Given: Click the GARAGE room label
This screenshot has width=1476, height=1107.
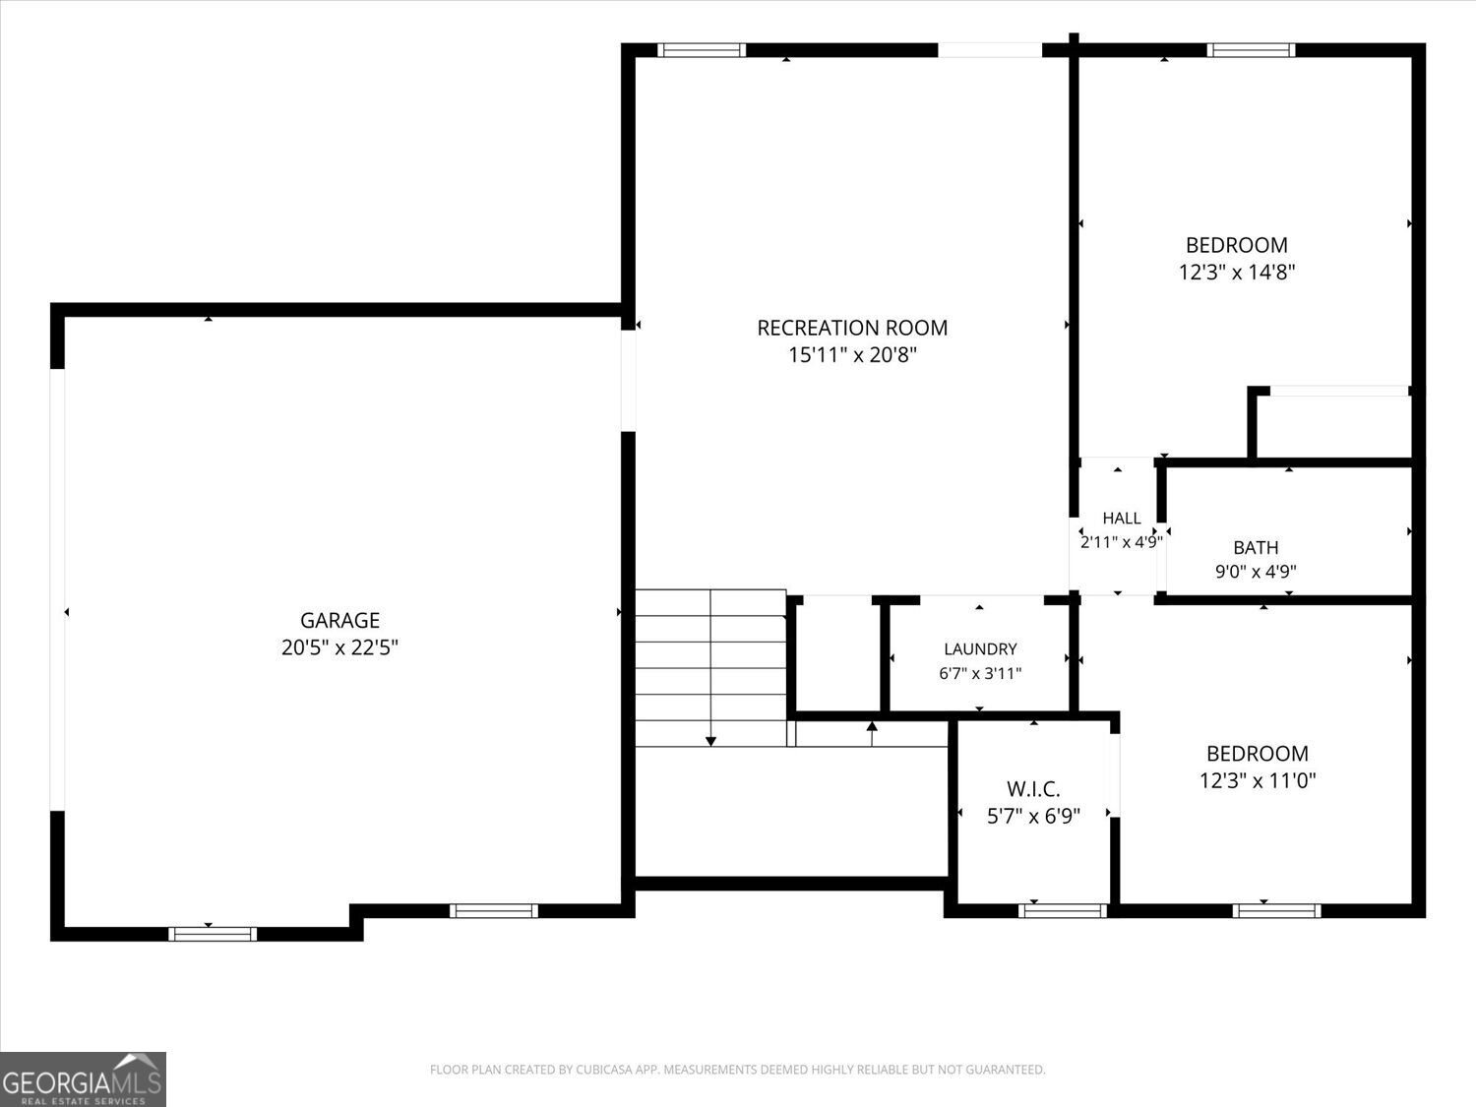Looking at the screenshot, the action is [339, 620].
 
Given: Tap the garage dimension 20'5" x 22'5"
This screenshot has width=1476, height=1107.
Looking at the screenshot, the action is [339, 647].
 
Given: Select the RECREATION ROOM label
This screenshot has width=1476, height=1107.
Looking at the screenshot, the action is [852, 328].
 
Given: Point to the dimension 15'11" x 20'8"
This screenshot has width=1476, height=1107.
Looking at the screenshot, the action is [852, 355].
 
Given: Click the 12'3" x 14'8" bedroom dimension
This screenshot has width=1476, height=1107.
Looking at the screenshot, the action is [1237, 273].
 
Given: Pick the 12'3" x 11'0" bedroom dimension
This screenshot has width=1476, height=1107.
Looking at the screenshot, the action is [1258, 780].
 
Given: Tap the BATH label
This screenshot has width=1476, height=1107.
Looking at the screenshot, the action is [1256, 548].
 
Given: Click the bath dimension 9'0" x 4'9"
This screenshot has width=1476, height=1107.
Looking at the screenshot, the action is [1256, 572].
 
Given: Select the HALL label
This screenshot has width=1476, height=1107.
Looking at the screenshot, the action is [1122, 519].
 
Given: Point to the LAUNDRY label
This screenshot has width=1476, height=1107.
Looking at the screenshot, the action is [980, 648].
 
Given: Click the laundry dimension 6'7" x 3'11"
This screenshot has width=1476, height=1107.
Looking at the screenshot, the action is [980, 673].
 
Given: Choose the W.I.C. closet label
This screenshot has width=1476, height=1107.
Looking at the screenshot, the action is [1033, 788].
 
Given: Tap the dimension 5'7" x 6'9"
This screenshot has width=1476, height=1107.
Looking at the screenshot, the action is [1033, 816].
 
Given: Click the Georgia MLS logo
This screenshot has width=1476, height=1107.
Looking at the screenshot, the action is [83, 1079].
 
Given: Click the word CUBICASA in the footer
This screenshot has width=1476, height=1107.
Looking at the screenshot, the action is [603, 1070].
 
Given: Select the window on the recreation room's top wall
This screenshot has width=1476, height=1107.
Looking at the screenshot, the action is [702, 50].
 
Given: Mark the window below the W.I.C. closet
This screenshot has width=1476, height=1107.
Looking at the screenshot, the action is [1063, 911].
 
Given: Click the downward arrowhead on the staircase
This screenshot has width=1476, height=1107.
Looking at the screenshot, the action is [710, 741].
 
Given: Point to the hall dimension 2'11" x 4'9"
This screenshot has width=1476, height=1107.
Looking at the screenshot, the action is [1122, 542].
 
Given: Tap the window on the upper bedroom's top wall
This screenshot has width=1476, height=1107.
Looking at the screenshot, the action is [1252, 50].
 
